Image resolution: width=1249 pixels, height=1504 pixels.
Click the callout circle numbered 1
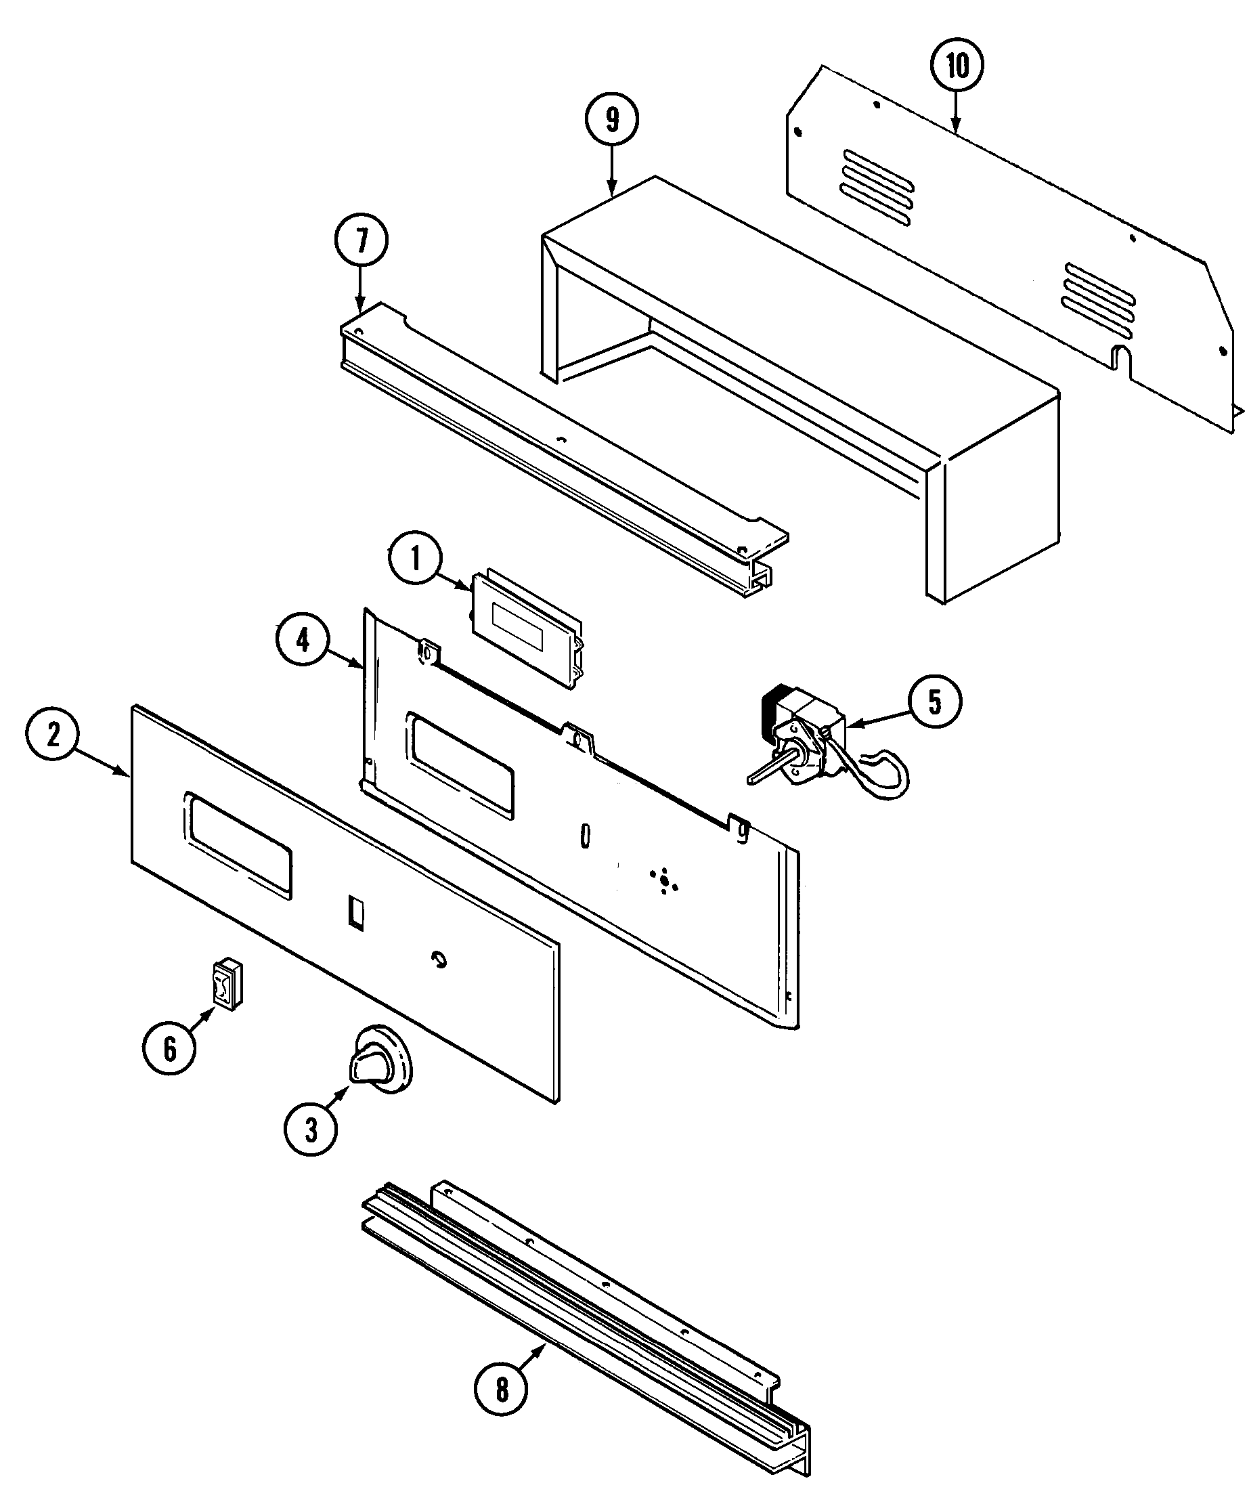click(x=416, y=559)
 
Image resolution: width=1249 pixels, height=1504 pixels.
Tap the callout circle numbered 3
click(x=310, y=1129)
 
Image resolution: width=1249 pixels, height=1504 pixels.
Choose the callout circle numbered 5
click(x=935, y=703)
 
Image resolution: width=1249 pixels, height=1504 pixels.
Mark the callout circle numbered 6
click(x=170, y=1049)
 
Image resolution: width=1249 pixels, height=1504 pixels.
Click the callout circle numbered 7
click(x=361, y=240)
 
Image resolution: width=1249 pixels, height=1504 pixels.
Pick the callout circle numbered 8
click(x=502, y=1390)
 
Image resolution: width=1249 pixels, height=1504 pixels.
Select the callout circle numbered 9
click(x=611, y=121)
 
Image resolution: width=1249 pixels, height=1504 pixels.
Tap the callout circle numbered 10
click(x=957, y=66)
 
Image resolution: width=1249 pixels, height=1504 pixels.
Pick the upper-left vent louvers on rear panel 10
click(x=878, y=188)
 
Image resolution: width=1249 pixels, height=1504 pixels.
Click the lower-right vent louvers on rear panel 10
click(x=1099, y=301)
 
